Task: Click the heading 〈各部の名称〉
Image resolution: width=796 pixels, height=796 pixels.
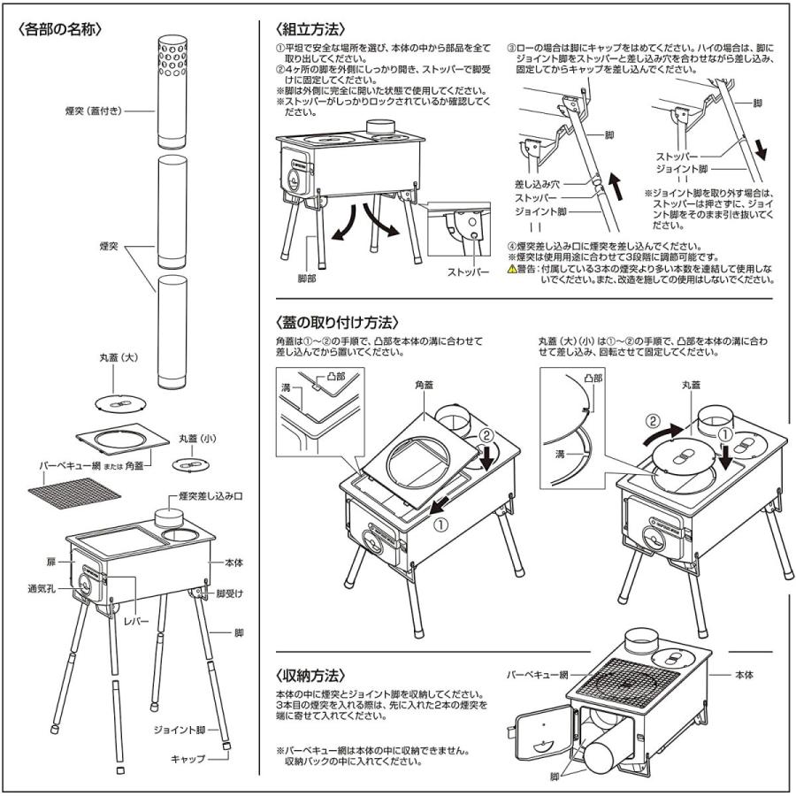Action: pyautogui.click(x=60, y=28)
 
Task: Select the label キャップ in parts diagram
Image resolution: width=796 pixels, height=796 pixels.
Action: pyautogui.click(x=188, y=759)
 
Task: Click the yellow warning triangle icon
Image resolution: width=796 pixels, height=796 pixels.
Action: pyautogui.click(x=512, y=269)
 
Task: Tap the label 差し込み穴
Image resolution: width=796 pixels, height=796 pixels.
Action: pyautogui.click(x=533, y=184)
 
